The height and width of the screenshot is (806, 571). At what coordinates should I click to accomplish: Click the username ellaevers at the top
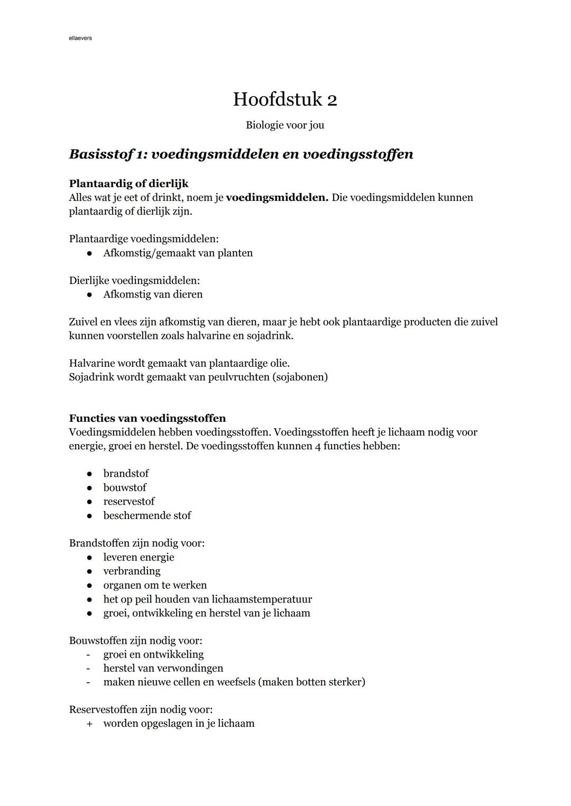pos(80,38)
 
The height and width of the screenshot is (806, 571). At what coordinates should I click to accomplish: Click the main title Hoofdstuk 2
pos(285,99)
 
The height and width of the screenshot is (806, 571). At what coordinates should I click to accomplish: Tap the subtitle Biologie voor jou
pos(285,125)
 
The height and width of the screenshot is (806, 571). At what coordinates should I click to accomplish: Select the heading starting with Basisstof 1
pos(241,154)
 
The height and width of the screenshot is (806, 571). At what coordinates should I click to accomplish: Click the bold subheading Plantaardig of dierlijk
pos(128,183)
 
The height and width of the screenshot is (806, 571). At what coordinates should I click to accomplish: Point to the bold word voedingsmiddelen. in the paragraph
pos(277,198)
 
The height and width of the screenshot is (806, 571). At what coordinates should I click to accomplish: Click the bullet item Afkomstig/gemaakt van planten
pos(178,253)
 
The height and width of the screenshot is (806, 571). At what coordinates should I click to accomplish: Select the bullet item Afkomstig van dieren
pos(153,294)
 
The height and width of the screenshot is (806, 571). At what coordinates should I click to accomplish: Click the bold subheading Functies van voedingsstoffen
pos(148,419)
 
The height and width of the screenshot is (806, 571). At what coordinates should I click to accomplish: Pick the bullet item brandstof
pos(126,474)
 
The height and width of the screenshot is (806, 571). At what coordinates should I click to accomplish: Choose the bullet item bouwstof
pos(125,487)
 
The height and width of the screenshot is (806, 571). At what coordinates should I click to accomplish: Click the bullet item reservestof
pos(129,502)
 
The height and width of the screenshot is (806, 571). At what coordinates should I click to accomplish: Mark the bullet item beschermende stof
pos(147,515)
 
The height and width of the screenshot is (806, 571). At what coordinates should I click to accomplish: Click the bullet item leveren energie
pos(139,557)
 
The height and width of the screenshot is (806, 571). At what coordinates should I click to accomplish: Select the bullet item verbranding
pos(132,571)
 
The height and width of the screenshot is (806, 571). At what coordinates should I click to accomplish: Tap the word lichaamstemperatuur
pos(262,599)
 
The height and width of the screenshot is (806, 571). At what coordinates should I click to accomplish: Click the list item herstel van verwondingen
pos(163,669)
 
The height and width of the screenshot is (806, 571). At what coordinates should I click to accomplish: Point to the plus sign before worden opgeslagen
pos(89,724)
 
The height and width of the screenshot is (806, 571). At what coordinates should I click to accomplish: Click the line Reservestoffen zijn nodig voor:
pos(141,710)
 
